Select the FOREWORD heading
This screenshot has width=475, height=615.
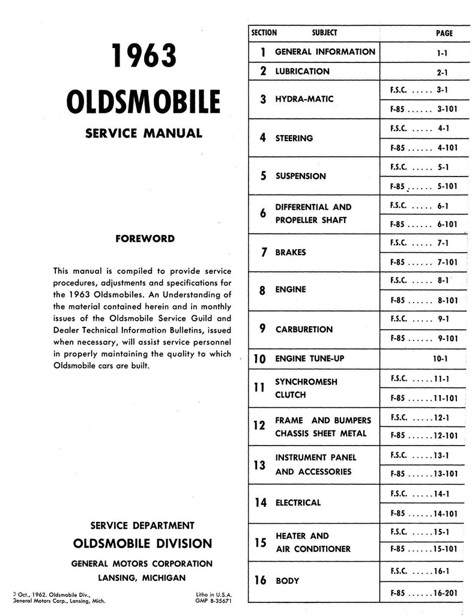(145, 238)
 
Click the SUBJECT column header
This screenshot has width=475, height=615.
(325, 33)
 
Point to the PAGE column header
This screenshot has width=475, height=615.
(444, 34)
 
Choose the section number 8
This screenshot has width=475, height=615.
(262, 291)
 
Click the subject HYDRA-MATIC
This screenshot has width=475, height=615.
(304, 98)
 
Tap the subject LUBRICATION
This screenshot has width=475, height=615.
(302, 71)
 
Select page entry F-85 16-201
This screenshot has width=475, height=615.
(423, 593)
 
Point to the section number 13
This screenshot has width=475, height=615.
(259, 464)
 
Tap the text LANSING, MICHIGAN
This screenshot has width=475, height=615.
(142, 577)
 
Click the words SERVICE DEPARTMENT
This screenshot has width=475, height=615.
(142, 526)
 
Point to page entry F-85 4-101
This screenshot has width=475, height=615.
(423, 148)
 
